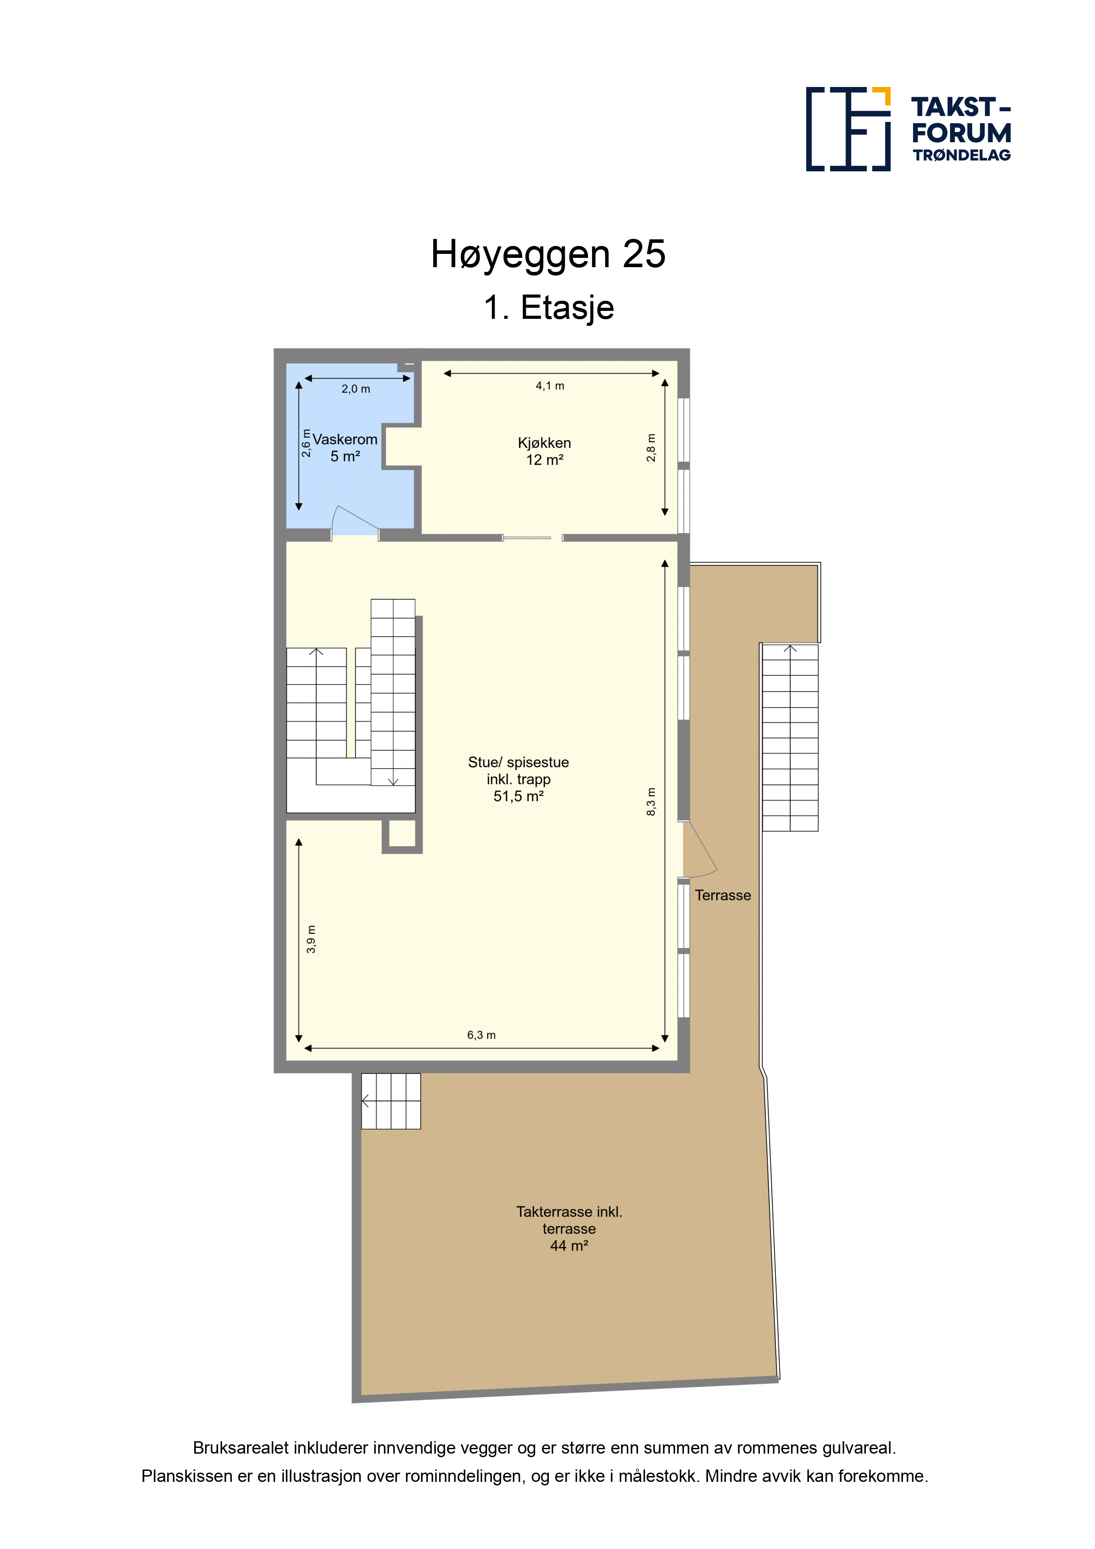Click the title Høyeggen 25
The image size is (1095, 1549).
(548, 254)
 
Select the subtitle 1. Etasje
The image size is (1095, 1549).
(548, 308)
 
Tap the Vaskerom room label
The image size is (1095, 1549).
(345, 439)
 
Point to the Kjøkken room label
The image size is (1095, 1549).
(544, 443)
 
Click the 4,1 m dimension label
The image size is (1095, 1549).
(550, 386)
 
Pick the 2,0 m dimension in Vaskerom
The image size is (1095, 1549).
(355, 389)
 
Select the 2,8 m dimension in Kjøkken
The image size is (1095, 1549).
(651, 448)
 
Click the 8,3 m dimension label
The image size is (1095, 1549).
(651, 802)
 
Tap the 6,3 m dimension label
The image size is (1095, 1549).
(481, 1035)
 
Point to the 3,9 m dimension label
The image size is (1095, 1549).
(311, 939)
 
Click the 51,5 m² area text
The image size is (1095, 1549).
(518, 796)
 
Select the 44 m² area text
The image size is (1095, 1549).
(569, 1245)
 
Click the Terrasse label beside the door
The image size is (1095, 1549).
(723, 895)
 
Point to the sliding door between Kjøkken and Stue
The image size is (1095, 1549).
(527, 538)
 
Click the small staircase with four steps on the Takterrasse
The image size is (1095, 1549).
(391, 1101)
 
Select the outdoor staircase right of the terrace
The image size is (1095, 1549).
(790, 737)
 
